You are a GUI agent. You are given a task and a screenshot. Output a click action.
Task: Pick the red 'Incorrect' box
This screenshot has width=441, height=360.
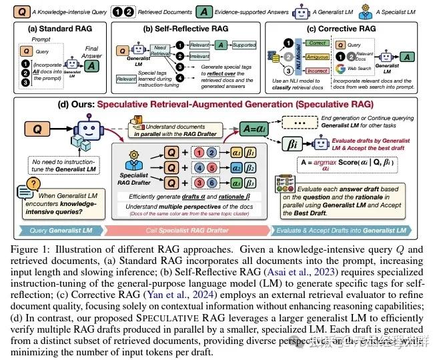[318, 70]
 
